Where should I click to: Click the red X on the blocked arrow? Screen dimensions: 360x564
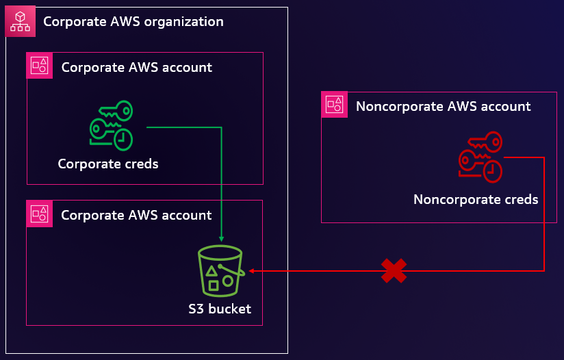click(394, 271)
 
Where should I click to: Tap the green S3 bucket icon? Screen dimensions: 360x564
click(220, 271)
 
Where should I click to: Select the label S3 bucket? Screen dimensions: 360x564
click(220, 309)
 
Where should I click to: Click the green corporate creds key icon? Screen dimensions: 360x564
click(112, 125)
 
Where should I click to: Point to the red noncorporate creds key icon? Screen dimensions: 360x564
click(480, 157)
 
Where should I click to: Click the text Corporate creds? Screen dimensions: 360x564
click(108, 164)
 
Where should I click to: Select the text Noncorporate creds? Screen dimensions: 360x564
click(476, 200)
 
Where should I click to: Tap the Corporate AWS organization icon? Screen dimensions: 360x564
click(20, 21)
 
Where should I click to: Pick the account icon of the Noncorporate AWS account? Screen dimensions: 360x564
click(335, 105)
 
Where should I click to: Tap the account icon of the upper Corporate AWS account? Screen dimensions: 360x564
click(39, 66)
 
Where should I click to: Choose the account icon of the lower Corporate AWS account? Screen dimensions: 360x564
click(39, 214)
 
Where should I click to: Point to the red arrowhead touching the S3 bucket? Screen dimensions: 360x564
click(251, 271)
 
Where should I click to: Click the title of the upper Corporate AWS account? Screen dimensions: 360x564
click(137, 67)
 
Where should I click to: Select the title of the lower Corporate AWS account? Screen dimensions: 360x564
click(137, 215)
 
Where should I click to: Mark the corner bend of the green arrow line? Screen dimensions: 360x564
click(221, 127)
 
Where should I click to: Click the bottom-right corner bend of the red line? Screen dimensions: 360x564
click(543, 271)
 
